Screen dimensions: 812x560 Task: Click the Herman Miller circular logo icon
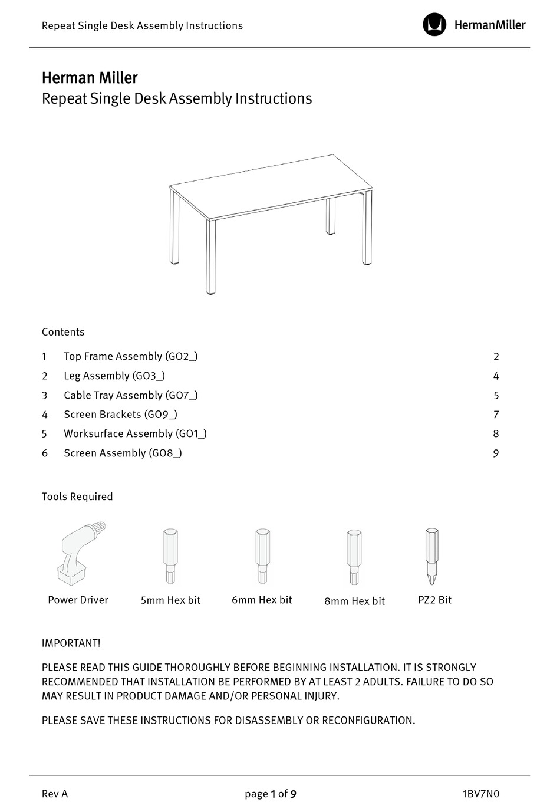click(434, 25)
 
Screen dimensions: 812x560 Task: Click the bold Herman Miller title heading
click(90, 78)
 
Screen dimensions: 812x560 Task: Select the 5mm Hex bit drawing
click(170, 557)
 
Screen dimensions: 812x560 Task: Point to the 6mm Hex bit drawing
click(262, 557)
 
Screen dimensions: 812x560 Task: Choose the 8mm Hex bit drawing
click(354, 557)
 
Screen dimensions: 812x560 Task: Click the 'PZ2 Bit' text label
click(434, 600)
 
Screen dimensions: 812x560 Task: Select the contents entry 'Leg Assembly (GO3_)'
click(114, 376)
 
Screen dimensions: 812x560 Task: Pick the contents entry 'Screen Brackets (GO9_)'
click(120, 415)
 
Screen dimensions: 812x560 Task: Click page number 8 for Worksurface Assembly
click(496, 434)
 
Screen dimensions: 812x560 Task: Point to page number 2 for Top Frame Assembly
click(496, 357)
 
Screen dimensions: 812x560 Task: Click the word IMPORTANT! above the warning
click(71, 643)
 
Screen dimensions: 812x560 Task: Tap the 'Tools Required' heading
click(77, 497)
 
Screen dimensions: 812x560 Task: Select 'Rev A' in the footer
click(55, 794)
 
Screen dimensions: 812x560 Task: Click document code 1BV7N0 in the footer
click(481, 794)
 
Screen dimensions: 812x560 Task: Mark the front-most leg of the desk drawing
click(210, 257)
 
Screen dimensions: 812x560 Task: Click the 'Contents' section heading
click(63, 332)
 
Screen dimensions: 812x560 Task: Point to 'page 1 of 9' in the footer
click(271, 794)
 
